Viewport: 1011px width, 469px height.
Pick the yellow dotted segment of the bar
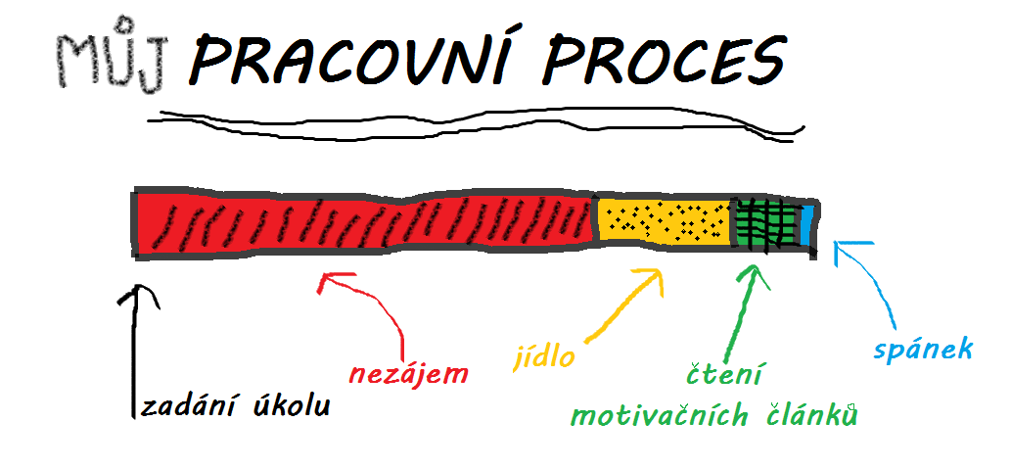click(665, 220)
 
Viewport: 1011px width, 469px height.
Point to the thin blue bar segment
click(806, 225)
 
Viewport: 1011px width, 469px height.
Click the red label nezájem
click(409, 375)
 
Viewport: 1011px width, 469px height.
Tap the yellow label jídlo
click(544, 356)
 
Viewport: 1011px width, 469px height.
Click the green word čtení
click(723, 374)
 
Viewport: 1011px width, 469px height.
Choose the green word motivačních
click(660, 416)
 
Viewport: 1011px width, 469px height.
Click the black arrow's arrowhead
click(135, 293)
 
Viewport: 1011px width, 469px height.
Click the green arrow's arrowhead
click(752, 275)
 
